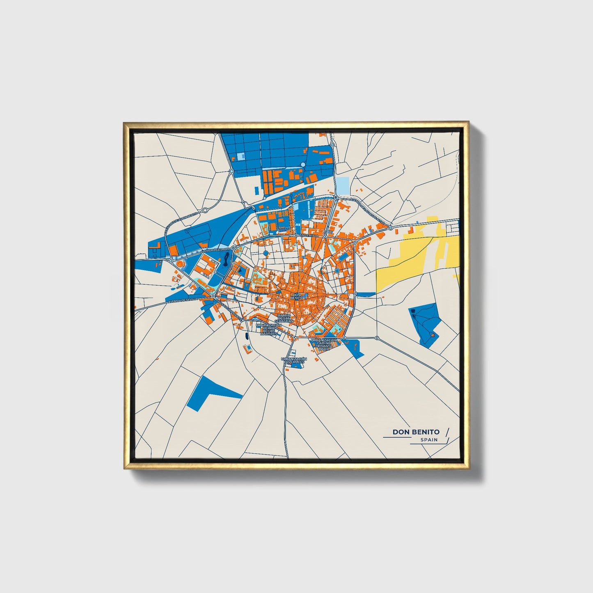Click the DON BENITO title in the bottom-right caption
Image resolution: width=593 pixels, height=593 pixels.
click(x=416, y=432)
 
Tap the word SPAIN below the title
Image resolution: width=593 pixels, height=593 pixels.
click(x=429, y=440)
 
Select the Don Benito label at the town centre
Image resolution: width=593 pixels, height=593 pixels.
click(x=296, y=296)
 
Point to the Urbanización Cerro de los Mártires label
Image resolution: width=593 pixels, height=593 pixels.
click(x=269, y=330)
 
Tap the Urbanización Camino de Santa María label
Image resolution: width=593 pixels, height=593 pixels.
click(x=324, y=344)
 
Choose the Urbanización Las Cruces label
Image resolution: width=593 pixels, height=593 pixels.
click(x=293, y=361)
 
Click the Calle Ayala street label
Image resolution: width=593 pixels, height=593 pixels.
click(x=309, y=236)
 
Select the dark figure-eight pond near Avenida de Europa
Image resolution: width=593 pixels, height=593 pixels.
click(x=227, y=259)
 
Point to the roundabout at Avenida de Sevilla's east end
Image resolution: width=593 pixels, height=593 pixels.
click(x=213, y=295)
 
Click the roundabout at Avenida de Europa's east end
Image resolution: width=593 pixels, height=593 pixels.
click(x=233, y=248)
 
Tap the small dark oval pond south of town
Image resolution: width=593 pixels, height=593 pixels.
click(x=246, y=336)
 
